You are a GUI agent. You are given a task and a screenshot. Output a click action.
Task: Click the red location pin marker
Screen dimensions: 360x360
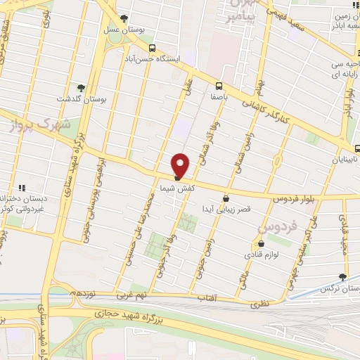[181, 165]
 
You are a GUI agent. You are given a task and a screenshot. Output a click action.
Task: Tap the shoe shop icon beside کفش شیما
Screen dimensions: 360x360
[177, 177]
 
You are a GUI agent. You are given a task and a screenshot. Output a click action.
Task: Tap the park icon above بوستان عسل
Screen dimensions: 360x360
[124, 19]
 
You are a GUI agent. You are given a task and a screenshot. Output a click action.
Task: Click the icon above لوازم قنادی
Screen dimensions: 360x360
[259, 244]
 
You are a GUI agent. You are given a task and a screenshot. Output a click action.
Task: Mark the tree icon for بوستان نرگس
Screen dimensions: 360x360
[342, 277]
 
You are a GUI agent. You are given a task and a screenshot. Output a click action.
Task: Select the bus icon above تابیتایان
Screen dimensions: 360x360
[357, 148]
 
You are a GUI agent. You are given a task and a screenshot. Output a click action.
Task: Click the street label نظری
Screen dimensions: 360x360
[259, 304]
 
